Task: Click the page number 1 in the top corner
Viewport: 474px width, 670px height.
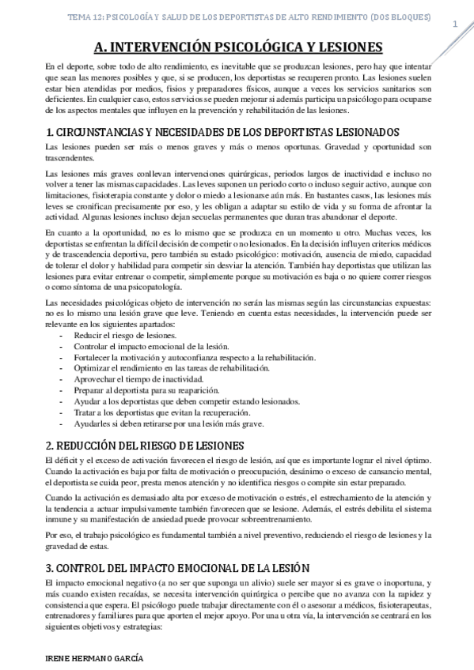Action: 454,24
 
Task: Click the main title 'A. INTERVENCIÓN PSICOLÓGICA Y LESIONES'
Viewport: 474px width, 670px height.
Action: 237,47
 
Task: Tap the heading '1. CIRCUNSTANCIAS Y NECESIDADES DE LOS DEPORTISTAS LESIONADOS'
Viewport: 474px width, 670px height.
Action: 222,132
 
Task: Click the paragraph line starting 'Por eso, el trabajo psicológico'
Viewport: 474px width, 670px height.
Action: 237,536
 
